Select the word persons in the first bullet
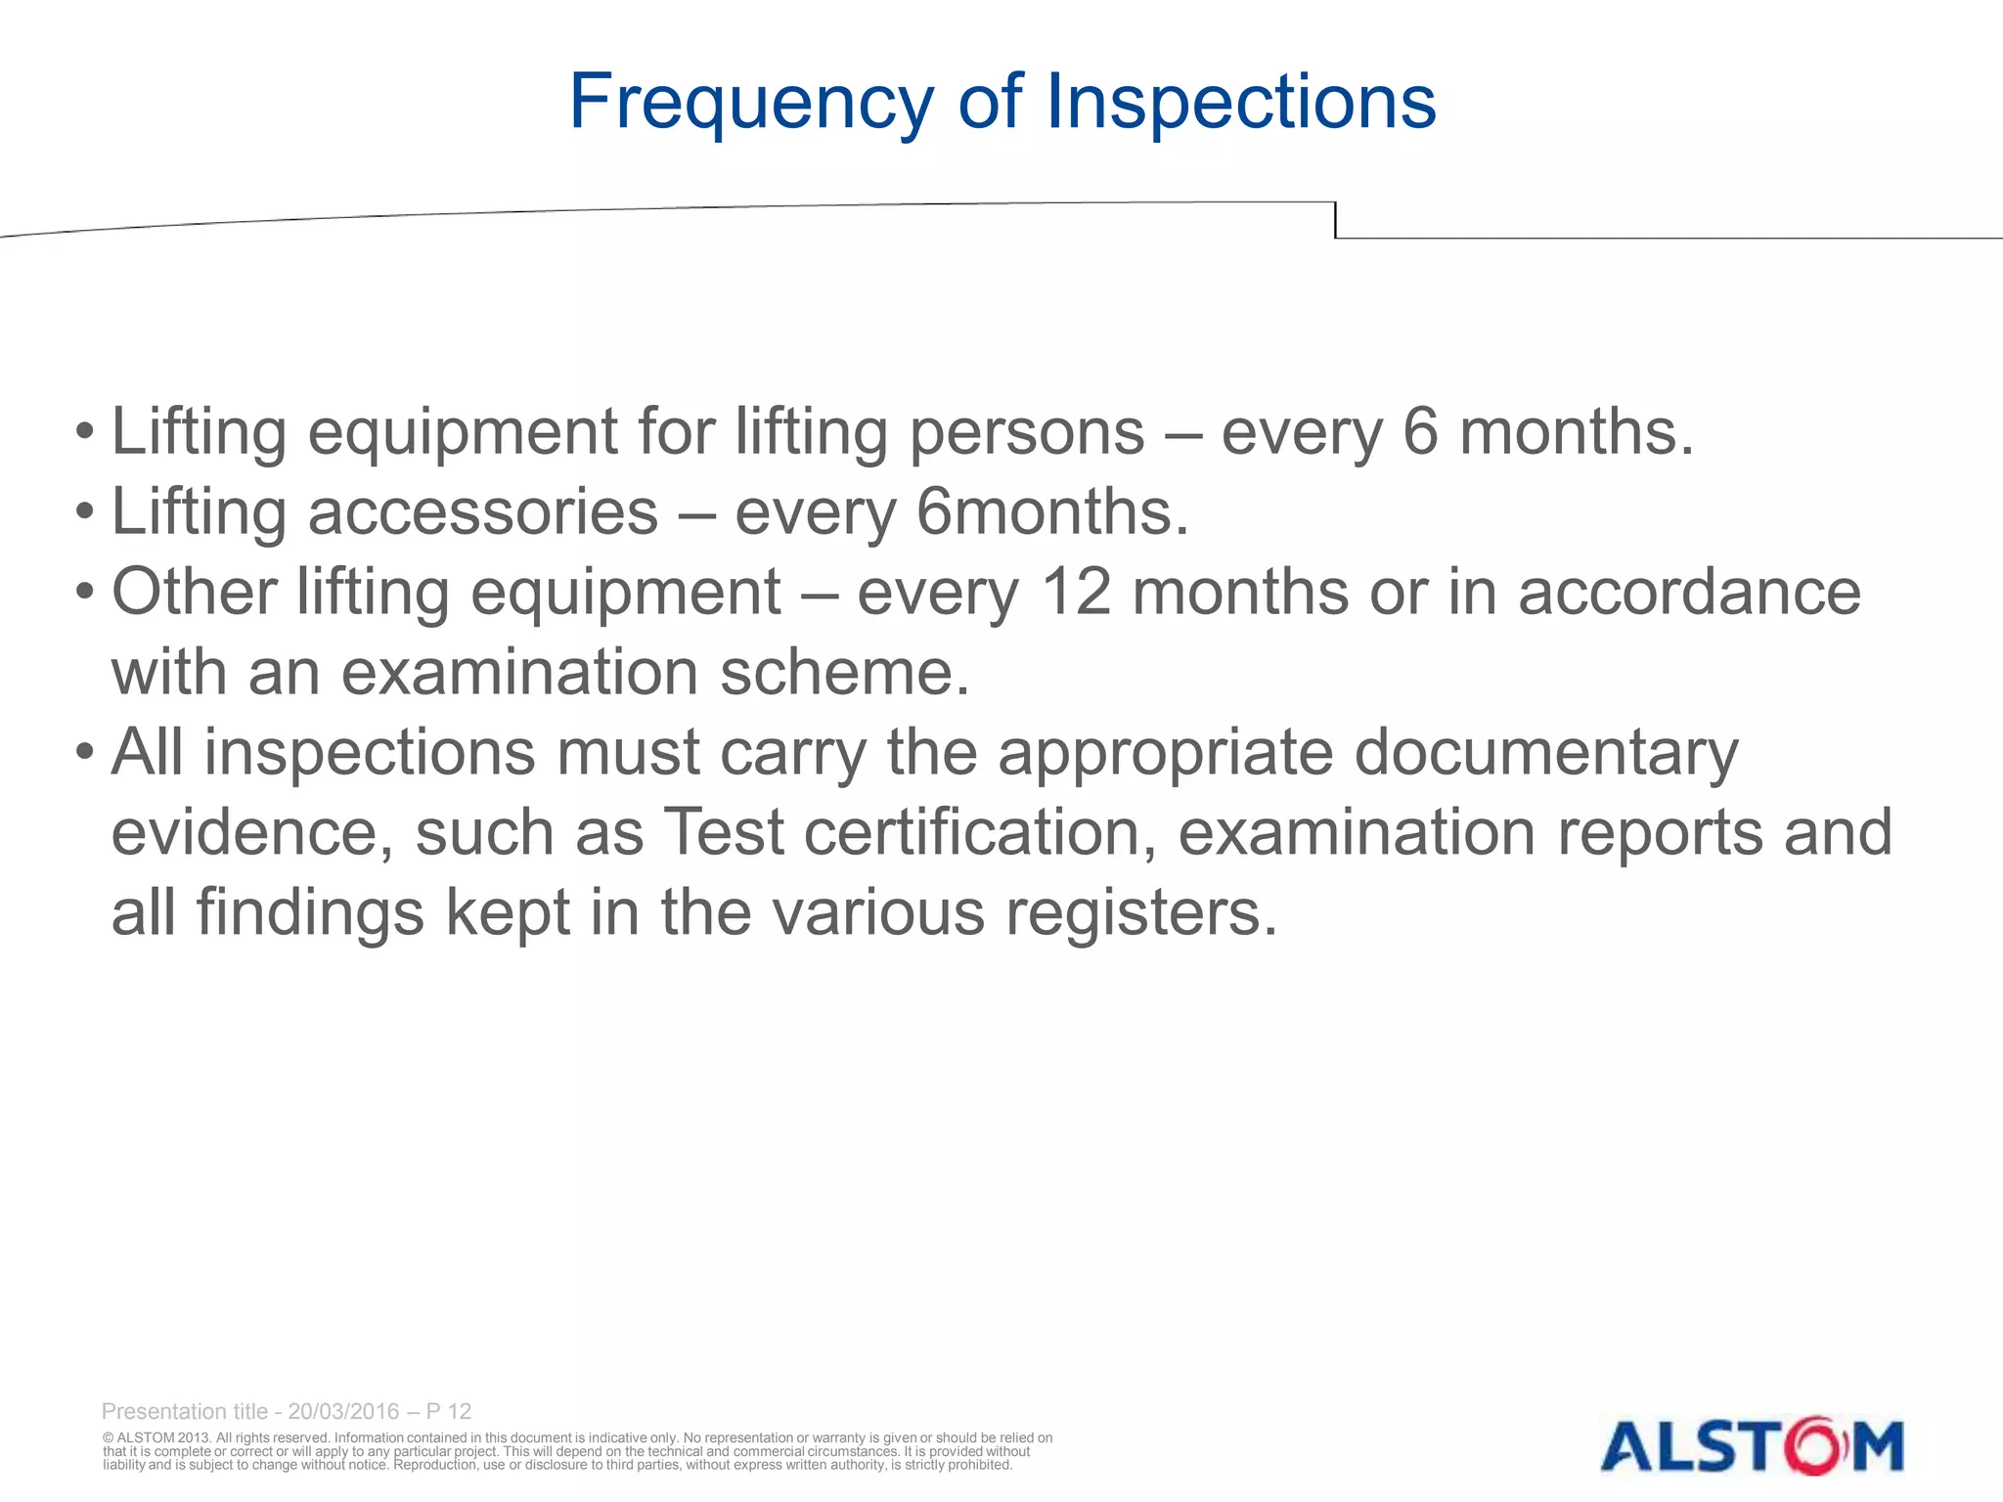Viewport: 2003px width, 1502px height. [1027, 432]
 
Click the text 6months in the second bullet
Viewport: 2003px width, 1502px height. [1051, 512]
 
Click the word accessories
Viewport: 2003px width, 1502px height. [483, 512]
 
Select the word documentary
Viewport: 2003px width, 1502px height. [1546, 753]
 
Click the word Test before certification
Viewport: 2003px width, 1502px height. [725, 833]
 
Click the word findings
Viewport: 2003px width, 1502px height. [310, 913]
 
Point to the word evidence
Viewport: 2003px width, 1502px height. [252, 833]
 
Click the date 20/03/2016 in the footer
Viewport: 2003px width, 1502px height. [343, 1411]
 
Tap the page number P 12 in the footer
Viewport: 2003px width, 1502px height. [449, 1411]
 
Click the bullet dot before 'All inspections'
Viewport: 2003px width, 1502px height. [86, 753]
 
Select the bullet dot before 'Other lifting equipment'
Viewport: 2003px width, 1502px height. [86, 593]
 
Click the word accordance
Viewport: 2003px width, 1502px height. [1689, 593]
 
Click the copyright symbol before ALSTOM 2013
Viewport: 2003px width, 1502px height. [109, 1438]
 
